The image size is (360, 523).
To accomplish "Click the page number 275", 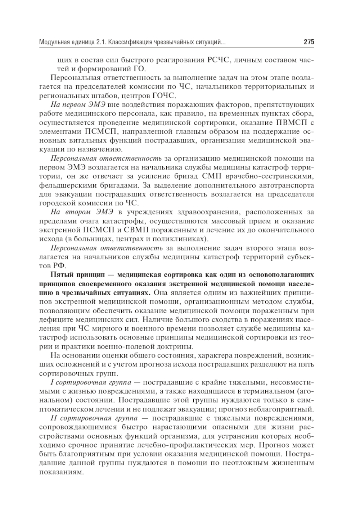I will (x=309, y=42).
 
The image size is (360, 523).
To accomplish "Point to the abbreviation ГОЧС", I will (x=164, y=96).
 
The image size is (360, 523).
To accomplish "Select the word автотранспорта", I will (x=280, y=185).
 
